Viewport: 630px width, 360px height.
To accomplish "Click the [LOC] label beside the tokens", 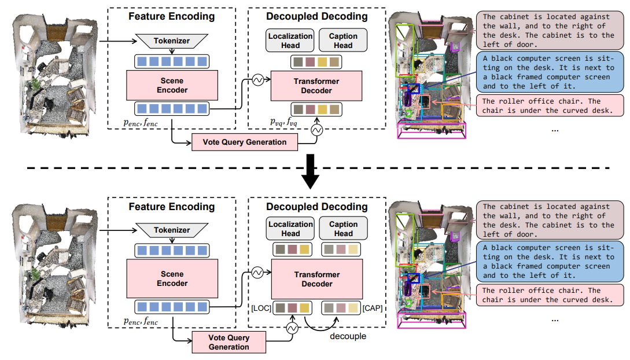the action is [x=261, y=308].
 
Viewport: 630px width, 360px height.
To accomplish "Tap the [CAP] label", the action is [x=373, y=308].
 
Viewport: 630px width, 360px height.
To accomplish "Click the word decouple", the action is [x=348, y=336].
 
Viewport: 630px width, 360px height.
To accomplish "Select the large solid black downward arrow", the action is [x=310, y=171].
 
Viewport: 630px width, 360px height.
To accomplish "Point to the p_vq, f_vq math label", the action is [x=283, y=122].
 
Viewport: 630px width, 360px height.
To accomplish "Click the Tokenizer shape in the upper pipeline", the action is [x=172, y=41].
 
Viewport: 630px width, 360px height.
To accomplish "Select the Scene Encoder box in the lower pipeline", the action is [x=172, y=278].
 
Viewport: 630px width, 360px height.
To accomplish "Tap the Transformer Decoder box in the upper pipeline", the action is [x=316, y=86].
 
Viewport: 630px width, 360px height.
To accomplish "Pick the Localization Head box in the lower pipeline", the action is [x=290, y=229].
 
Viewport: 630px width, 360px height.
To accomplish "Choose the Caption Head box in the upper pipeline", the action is [x=342, y=40].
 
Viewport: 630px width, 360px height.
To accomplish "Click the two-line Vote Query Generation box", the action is [x=229, y=342].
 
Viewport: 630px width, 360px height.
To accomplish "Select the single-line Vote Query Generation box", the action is [x=244, y=142].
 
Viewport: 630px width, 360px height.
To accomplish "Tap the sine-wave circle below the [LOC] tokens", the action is [x=292, y=329].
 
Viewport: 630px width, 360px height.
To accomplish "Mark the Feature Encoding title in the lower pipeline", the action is [x=172, y=207].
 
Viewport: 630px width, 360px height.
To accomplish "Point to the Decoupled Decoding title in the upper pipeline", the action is [x=316, y=16].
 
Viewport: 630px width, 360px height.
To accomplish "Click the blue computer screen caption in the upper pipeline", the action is [x=550, y=72].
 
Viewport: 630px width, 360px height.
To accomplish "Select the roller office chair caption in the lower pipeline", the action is [x=550, y=295].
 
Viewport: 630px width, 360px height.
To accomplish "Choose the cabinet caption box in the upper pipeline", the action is [x=550, y=31].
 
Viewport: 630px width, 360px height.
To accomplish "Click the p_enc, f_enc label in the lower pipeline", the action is [x=141, y=321].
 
